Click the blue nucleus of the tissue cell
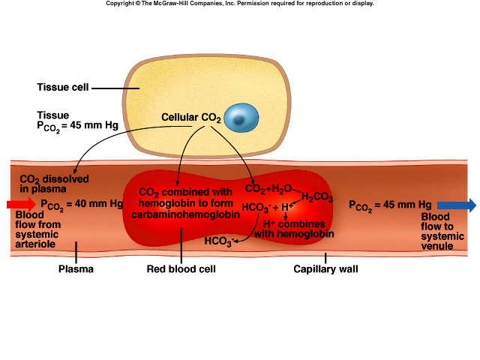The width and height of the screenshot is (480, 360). click(241, 118)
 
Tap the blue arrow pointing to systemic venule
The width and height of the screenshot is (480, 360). click(456, 204)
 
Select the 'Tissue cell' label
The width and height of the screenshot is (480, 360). click(63, 87)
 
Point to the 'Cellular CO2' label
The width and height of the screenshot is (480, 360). click(191, 118)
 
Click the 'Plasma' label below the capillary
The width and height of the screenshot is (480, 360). click(76, 268)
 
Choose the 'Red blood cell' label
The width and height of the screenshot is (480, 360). click(181, 268)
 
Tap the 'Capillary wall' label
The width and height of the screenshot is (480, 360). click(325, 268)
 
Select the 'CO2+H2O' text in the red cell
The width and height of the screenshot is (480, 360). click(270, 189)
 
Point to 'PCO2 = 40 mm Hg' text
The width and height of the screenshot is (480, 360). click(82, 204)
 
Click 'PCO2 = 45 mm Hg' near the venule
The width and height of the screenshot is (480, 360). click(390, 204)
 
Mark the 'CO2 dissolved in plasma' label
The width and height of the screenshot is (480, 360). click(54, 184)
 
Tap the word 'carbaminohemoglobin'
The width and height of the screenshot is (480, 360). click(185, 214)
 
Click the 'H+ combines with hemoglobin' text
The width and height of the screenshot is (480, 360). click(293, 229)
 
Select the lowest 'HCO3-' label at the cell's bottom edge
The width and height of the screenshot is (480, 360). click(219, 241)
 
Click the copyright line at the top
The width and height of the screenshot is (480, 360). click(239, 4)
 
